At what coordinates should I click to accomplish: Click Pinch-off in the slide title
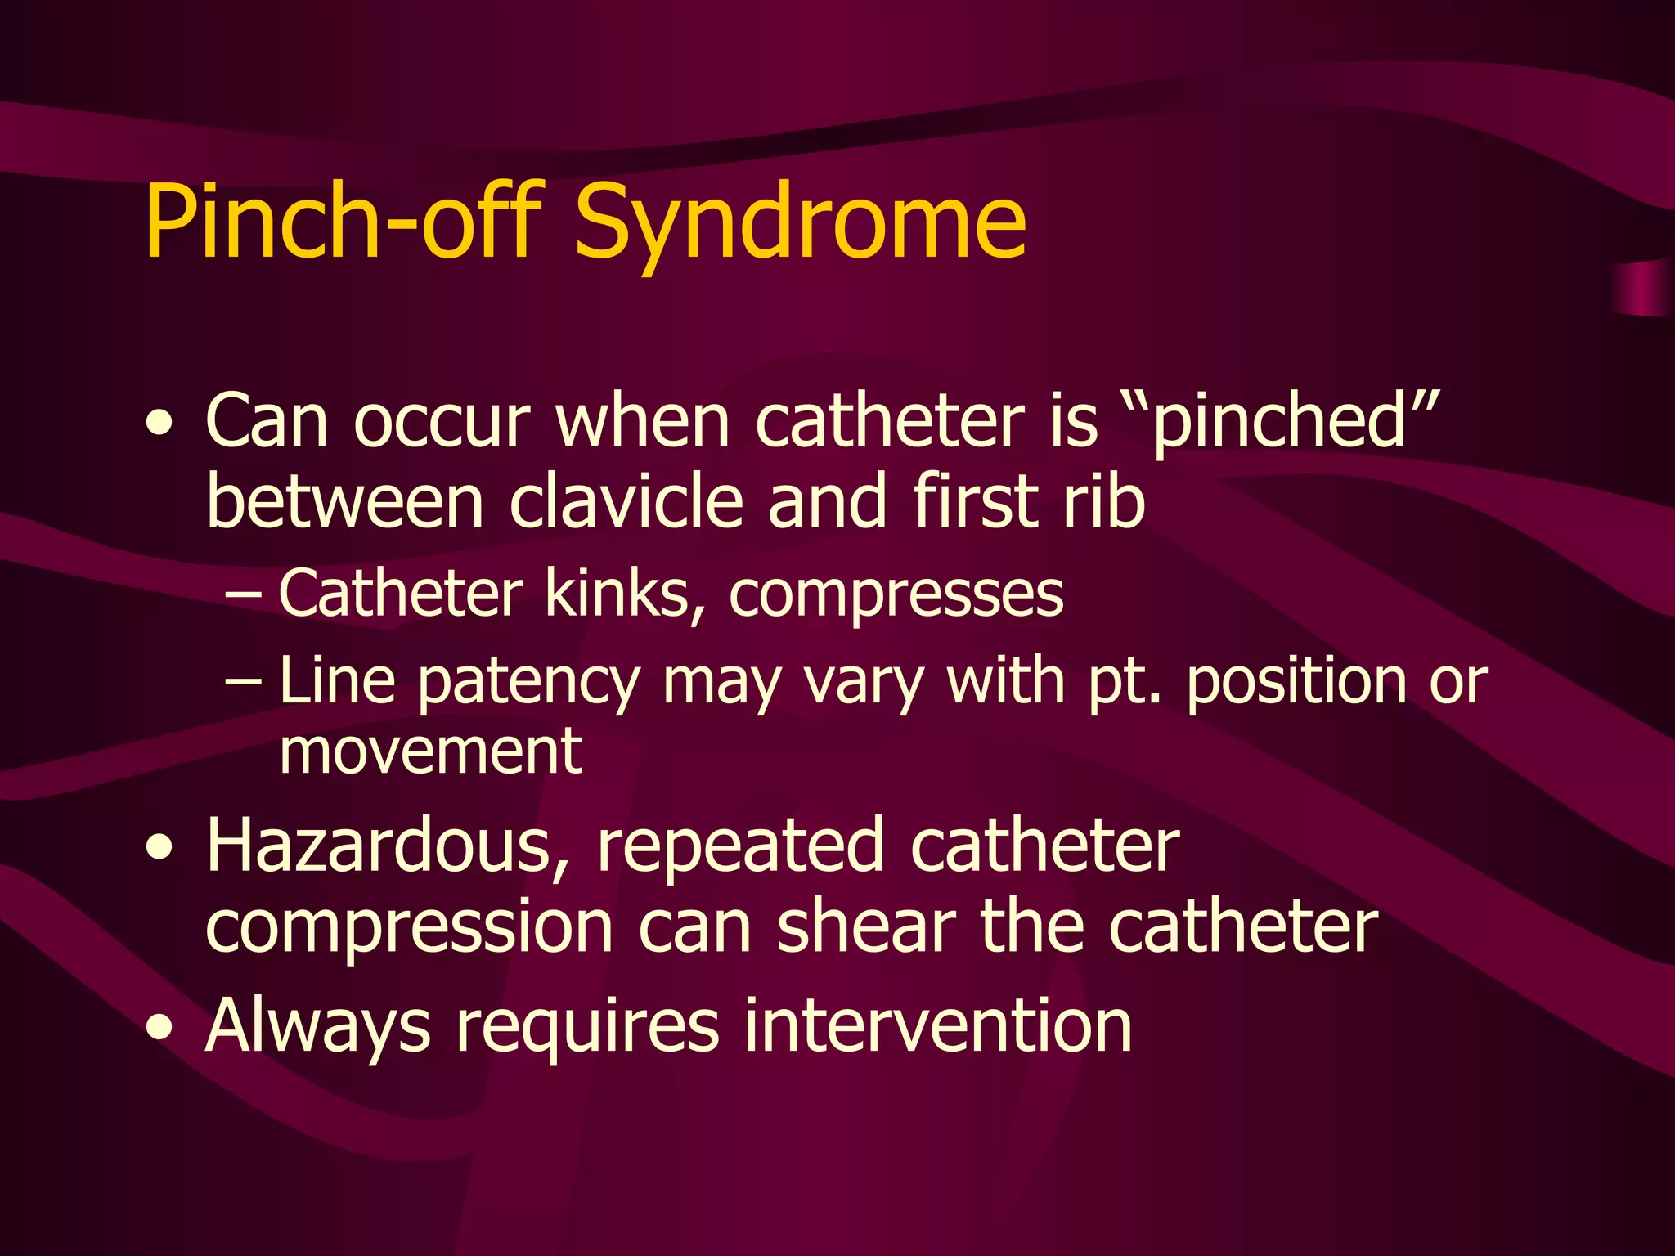coord(344,222)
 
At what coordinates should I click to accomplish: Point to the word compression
coord(409,929)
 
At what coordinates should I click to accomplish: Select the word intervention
coord(937,1025)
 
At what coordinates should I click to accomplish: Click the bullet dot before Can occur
coord(159,424)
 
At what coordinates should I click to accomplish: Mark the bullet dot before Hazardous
coord(159,849)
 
